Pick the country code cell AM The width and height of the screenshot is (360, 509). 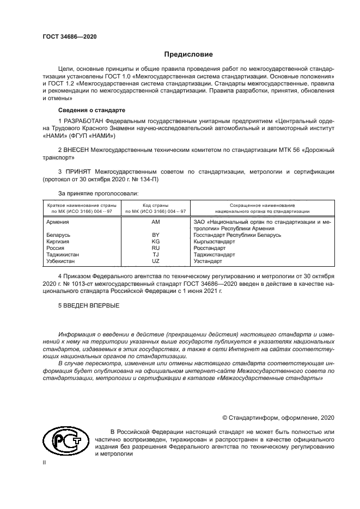click(155, 222)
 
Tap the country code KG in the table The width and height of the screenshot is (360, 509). click(155, 241)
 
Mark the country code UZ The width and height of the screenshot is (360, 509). click(155, 261)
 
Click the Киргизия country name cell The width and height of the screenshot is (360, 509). click(57, 241)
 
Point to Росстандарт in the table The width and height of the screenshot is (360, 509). click(210, 248)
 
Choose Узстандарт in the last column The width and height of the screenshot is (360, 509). click(208, 261)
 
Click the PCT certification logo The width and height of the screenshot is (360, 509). click(64, 443)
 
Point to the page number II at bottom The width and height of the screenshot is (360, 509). click(45, 462)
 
